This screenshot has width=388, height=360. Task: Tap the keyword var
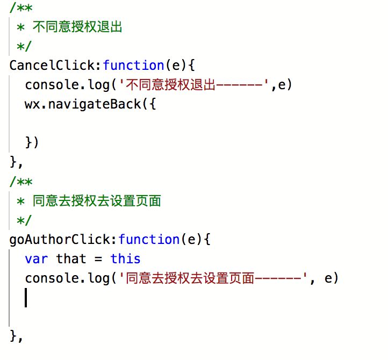[37, 258]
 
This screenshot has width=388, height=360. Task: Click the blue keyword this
[125, 258]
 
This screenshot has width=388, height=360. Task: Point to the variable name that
[71, 258]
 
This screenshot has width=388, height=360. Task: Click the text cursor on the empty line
[26, 297]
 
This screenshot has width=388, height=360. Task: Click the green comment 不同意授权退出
[77, 27]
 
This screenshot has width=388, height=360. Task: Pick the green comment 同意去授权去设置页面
[97, 201]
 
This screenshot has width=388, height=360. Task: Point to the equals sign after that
[98, 258]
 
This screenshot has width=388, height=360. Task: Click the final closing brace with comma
[16, 336]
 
